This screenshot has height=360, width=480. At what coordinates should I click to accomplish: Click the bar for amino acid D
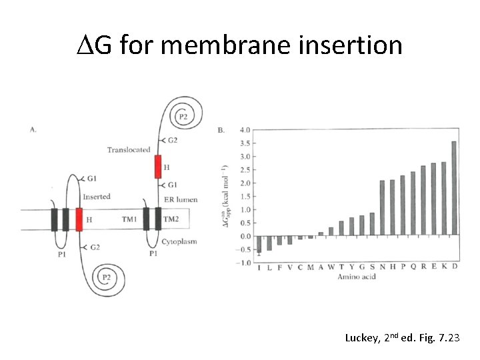454,189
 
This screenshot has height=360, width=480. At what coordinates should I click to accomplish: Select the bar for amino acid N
382,208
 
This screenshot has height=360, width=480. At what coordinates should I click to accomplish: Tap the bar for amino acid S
372,225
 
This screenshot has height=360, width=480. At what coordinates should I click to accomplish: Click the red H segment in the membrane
79,219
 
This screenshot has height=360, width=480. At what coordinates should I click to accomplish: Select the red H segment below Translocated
158,167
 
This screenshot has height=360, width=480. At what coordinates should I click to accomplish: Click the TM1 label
129,219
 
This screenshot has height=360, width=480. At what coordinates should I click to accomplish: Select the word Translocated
129,150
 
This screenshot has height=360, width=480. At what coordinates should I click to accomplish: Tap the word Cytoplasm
179,242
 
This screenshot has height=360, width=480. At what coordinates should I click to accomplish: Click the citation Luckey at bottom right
361,338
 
